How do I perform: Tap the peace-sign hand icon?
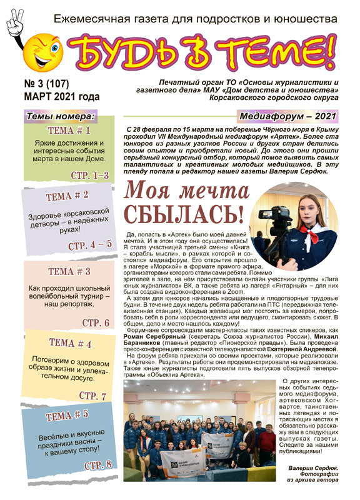pos(14,20)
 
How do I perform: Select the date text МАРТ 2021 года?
pos(61,97)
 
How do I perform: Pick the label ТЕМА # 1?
pos(69,131)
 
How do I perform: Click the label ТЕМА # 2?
pos(67,196)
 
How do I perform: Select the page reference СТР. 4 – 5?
pos(89,245)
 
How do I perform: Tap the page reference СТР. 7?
pos(92,396)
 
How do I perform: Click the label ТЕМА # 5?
pos(67,416)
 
